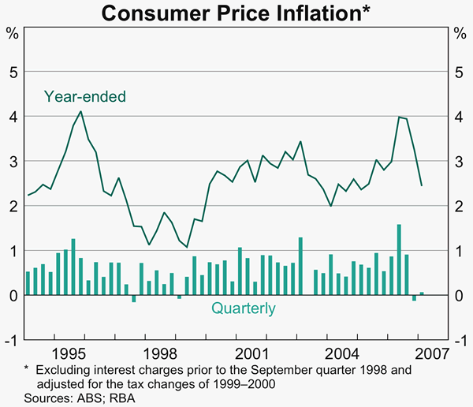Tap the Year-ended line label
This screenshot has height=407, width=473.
coord(85,96)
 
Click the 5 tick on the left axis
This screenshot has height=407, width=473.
coord(13,72)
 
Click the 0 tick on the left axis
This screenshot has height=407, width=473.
coord(13,296)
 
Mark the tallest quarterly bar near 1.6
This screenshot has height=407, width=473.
coord(399,260)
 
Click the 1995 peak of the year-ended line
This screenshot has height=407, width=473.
coord(80,111)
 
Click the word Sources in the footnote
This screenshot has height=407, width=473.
coord(45,398)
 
